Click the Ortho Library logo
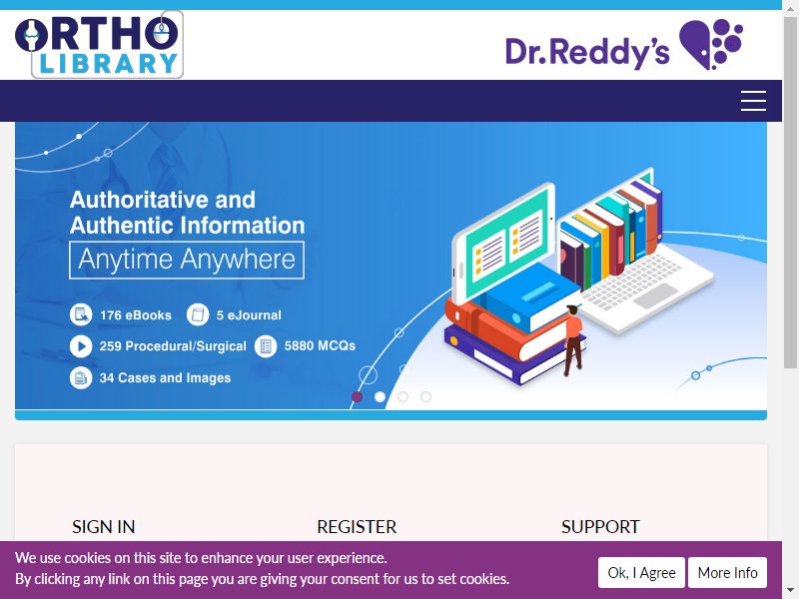tap(99, 45)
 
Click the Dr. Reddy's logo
tap(624, 45)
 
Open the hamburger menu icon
tap(753, 101)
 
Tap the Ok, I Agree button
tap(641, 572)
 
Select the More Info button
tap(727, 572)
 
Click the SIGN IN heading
tap(104, 527)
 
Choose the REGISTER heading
tap(357, 527)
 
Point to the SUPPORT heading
tap(600, 527)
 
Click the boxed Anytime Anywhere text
tap(187, 261)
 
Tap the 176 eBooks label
tap(136, 315)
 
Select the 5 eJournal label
tap(249, 315)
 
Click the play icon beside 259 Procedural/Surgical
tap(81, 346)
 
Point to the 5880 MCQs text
tap(320, 345)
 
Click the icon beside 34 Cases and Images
tap(81, 378)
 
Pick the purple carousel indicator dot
tap(358, 396)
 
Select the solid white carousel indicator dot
tap(381, 396)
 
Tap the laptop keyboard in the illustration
tap(632, 283)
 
